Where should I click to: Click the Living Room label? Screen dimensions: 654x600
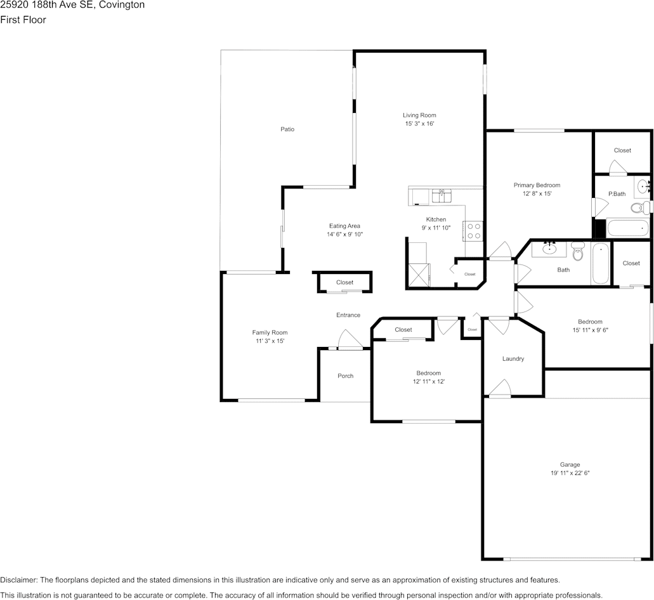pyautogui.click(x=419, y=115)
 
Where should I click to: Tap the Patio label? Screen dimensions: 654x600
pyautogui.click(x=287, y=129)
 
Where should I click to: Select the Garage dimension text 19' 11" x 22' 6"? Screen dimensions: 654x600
pyautogui.click(x=570, y=473)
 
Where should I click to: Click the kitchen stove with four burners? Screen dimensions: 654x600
pyautogui.click(x=473, y=231)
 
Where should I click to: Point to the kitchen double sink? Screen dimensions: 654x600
pyautogui.click(x=441, y=195)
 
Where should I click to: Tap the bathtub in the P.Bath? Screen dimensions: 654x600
pyautogui.click(x=628, y=228)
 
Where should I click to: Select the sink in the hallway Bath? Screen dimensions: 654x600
pyautogui.click(x=549, y=249)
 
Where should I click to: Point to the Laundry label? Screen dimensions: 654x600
pyautogui.click(x=513, y=358)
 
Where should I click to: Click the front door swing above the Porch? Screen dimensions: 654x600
pyautogui.click(x=350, y=339)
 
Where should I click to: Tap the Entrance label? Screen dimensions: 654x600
pyautogui.click(x=348, y=315)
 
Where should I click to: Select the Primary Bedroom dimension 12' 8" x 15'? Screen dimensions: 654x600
pyautogui.click(x=537, y=193)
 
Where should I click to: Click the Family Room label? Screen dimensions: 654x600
pyautogui.click(x=270, y=332)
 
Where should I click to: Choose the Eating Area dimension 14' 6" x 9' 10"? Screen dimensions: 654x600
pyautogui.click(x=344, y=234)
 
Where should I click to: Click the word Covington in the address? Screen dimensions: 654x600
pyautogui.click(x=122, y=5)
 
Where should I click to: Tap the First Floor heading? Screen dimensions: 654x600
pyautogui.click(x=23, y=20)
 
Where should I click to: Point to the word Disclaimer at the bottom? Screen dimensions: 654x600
pyautogui.click(x=19, y=580)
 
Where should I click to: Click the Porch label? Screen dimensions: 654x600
pyautogui.click(x=345, y=376)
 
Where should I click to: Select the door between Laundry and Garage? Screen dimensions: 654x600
pyautogui.click(x=500, y=388)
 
